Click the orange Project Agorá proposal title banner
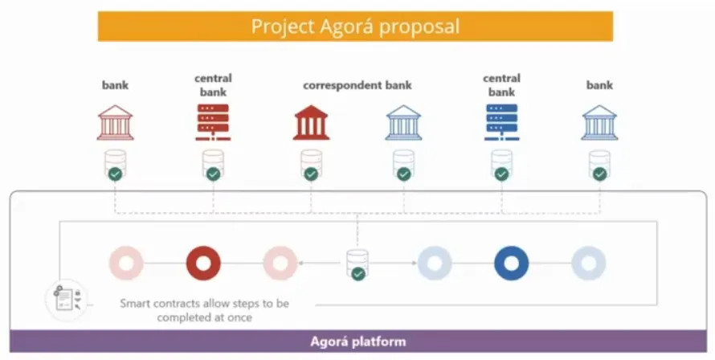pos(355,26)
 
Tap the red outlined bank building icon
pos(116,123)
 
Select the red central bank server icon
pos(213,123)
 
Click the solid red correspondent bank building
pos(311,123)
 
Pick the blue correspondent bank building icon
pos(403,123)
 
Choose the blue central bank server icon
pos(501,123)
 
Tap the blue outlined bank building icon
pos(599,123)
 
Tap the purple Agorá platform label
pos(357,341)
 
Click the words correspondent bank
pos(357,85)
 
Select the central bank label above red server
pos(213,85)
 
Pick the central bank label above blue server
pos(501,85)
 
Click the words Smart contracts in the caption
pos(161,304)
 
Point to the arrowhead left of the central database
pos(301,264)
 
